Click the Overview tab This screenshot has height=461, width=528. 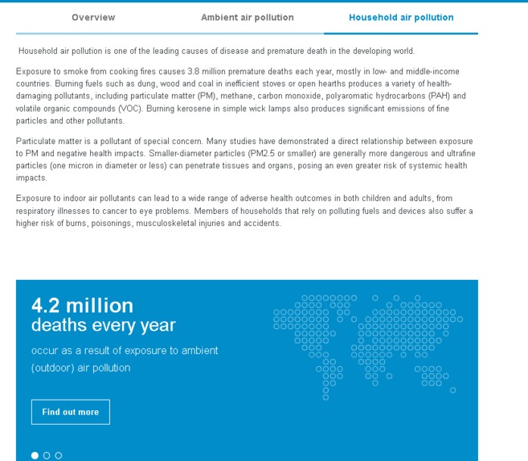93,17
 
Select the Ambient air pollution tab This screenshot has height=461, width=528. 247,17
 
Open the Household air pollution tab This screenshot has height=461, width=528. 401,17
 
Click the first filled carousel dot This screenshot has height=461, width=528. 35,455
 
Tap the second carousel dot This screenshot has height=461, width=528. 47,455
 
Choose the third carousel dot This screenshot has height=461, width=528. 58,455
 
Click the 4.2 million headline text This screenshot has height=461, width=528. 82,306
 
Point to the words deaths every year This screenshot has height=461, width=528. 103,326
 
